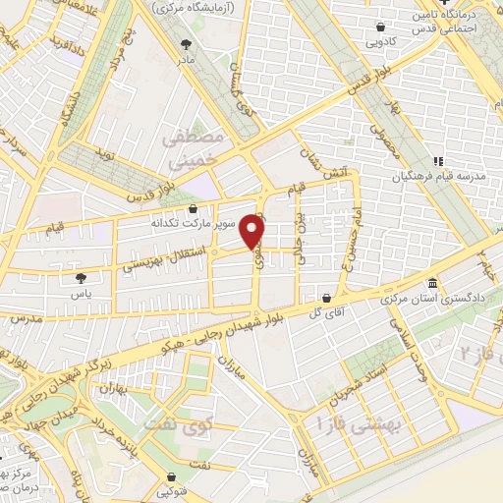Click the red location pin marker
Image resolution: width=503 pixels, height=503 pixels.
tap(254, 231)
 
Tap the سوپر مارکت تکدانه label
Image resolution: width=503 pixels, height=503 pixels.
tap(193, 223)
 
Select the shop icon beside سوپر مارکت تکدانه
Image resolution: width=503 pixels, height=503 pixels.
tap(193, 208)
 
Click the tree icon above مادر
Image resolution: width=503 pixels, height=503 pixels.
tap(188, 43)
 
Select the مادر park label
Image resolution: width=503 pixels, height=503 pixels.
tap(188, 58)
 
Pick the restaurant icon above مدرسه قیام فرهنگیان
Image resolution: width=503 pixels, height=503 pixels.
tap(439, 161)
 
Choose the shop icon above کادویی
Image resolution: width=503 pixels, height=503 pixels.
tap(377, 27)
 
